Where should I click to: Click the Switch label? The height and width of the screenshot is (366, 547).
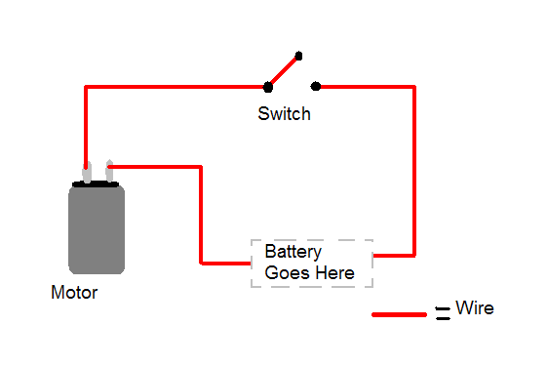284,113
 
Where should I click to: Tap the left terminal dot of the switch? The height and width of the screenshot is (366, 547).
267,87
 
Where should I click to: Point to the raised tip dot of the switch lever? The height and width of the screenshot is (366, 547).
298,56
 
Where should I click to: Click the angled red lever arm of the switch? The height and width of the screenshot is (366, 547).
283,71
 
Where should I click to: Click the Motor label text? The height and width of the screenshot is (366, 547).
74,292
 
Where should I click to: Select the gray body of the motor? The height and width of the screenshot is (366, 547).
97,230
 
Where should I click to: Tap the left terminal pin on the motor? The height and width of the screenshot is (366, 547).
87,172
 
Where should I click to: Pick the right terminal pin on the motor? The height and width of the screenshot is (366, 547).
108,172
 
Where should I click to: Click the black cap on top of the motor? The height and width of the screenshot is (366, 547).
97,183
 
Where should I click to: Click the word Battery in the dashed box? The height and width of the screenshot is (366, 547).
293,252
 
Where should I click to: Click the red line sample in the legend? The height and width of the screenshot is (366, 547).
400,314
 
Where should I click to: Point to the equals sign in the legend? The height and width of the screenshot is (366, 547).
443,313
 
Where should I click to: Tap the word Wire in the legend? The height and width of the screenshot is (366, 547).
475,308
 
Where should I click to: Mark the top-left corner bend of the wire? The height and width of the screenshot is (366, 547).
87,88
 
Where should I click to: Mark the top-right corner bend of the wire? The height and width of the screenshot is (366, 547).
414,88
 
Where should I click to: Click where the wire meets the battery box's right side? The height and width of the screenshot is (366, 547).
374,256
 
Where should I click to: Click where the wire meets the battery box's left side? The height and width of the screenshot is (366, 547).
251,263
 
